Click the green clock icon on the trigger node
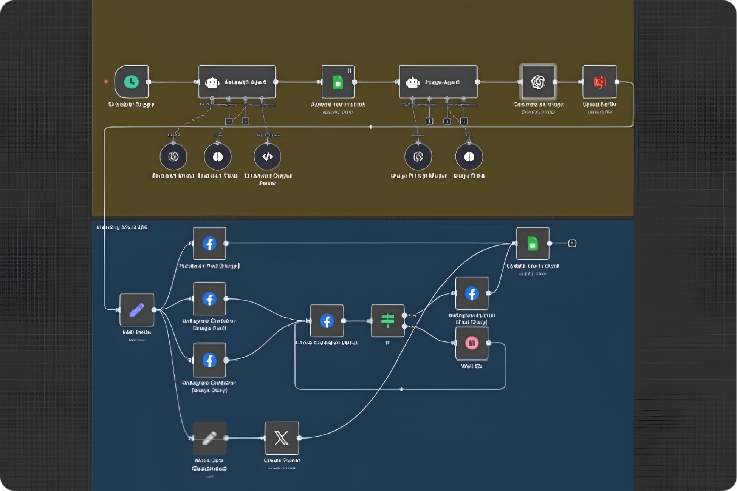tap(132, 82)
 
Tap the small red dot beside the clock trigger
tap(106, 82)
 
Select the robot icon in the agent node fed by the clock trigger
tap(212, 82)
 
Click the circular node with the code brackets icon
tap(267, 156)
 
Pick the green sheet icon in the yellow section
tap(338, 82)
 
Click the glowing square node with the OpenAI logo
tap(538, 82)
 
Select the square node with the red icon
tap(599, 82)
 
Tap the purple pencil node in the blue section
tap(137, 310)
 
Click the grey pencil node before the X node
tap(209, 438)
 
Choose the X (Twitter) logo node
tap(282, 438)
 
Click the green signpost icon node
tap(387, 321)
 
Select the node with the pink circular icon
tap(472, 343)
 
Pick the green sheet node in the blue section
tap(533, 244)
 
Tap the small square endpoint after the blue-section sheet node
tap(572, 243)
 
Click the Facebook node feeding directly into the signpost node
tap(327, 321)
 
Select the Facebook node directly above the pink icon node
tap(472, 293)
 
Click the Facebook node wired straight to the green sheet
tap(209, 244)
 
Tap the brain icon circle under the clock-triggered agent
tap(218, 156)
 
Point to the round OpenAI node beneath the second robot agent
tap(418, 156)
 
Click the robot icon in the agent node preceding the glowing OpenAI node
tap(413, 82)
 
